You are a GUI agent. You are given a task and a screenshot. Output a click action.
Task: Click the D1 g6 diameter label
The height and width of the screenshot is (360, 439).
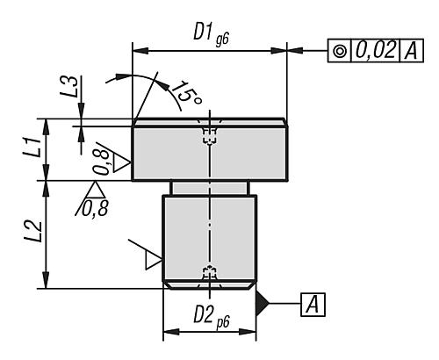(209, 32)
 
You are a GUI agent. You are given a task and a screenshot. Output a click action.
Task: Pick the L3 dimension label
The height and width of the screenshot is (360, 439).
(76, 88)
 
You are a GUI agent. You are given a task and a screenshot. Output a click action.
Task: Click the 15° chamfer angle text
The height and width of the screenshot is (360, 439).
(185, 91)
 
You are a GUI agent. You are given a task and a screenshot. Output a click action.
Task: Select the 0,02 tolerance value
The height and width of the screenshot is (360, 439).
(375, 51)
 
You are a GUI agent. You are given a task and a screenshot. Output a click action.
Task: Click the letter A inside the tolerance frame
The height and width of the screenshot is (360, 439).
(410, 51)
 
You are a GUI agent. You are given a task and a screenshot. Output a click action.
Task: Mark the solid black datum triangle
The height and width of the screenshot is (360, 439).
(262, 303)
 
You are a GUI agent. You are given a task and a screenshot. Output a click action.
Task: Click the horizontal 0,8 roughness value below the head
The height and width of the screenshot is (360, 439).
(94, 208)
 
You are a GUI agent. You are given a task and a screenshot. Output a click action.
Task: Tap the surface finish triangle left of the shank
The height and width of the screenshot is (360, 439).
(153, 259)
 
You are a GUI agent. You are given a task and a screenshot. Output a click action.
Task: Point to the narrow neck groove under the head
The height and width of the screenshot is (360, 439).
(209, 188)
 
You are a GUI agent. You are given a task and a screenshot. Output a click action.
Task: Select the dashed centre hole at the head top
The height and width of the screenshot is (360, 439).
(209, 133)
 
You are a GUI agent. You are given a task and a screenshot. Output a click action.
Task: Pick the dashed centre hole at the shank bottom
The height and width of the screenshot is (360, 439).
(209, 273)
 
